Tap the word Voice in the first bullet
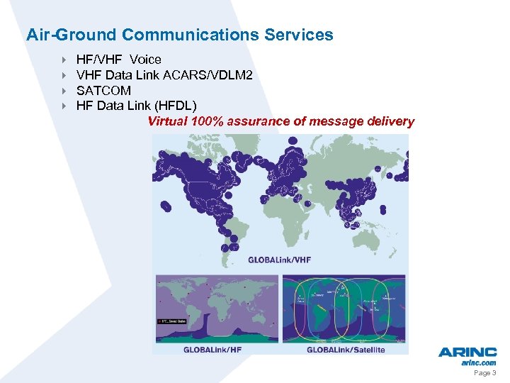145,60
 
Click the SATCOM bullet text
103,91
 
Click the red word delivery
391,121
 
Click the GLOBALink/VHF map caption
279,260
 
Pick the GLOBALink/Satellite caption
345,349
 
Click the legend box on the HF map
171,321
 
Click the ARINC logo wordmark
467,353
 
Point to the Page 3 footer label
484,373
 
